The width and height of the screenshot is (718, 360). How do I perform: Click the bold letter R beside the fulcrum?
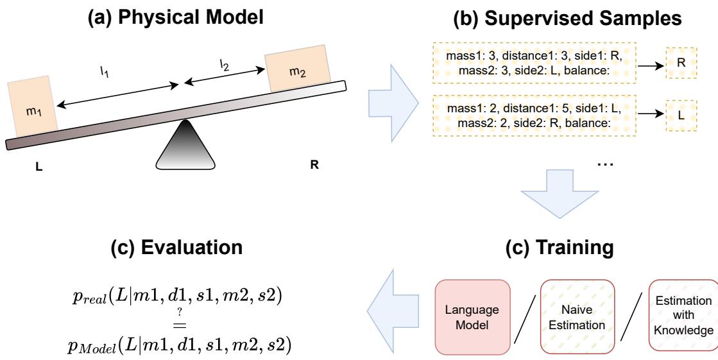point(314,164)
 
